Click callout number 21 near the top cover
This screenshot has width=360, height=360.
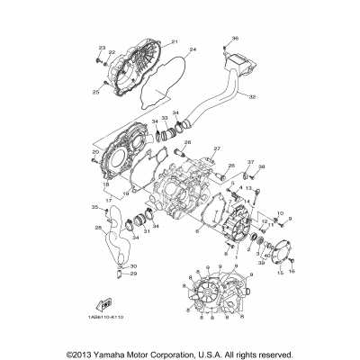(x=175, y=41)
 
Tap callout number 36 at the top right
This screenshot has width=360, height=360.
(x=236, y=38)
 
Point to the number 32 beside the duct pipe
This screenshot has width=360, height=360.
(x=252, y=96)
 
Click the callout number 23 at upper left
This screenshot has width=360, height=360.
(x=102, y=47)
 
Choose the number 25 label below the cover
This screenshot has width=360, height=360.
(x=95, y=92)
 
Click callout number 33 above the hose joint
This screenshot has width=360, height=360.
(x=165, y=118)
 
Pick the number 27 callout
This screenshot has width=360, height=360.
(x=216, y=148)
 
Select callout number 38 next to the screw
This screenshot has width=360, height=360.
(x=262, y=167)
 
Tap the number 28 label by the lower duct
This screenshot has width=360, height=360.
(x=98, y=229)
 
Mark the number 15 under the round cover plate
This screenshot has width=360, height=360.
(x=279, y=270)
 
